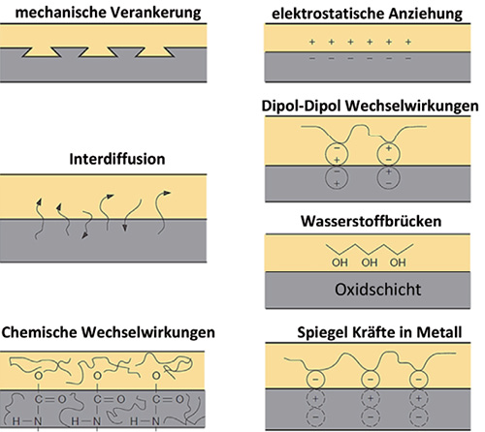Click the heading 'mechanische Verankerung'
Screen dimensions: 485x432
click(108, 13)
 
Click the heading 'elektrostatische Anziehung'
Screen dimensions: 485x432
click(367, 14)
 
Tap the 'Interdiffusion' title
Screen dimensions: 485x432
click(117, 159)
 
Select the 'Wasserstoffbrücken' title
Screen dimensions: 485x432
click(371, 221)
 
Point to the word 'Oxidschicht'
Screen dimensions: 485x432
click(377, 290)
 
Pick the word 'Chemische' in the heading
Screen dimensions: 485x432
click(40, 332)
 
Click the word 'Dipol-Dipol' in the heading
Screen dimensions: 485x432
click(303, 107)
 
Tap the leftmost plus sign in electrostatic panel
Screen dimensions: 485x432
click(312, 42)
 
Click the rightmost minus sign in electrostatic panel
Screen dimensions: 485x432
click(408, 58)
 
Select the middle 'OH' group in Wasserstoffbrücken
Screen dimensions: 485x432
click(370, 262)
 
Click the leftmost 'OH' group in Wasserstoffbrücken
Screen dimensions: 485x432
click(339, 262)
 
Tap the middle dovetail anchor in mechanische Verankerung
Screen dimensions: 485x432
click(98, 52)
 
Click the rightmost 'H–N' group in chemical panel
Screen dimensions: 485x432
click(145, 421)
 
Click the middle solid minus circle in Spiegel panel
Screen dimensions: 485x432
click(371, 380)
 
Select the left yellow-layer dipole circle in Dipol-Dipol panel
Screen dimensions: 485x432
click(337, 154)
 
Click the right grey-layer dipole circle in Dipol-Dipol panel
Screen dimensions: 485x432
click(389, 177)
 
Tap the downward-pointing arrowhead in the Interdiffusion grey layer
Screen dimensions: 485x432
click(125, 228)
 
